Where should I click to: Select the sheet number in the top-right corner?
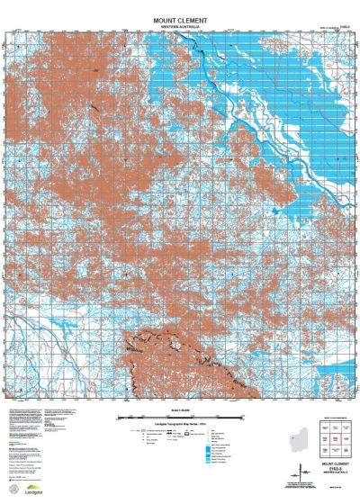(x=343, y=27)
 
